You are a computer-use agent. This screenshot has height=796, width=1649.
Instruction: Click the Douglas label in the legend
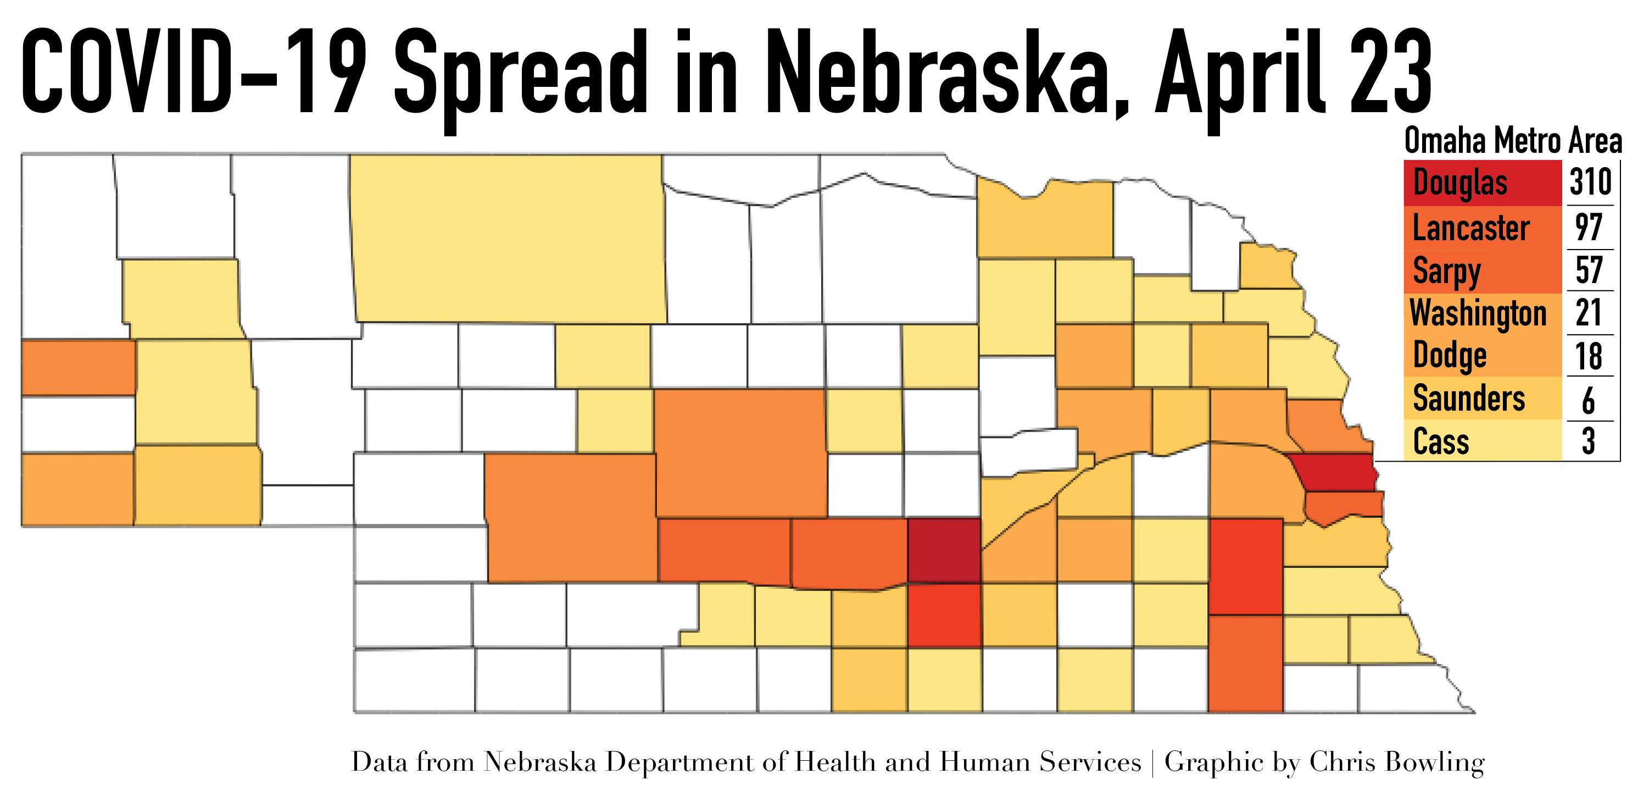coord(1459,183)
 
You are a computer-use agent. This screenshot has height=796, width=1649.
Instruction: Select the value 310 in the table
coord(1590,183)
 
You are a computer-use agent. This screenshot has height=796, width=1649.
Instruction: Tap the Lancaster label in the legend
coord(1470,229)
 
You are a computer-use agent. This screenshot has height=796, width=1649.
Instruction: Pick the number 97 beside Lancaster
coord(1589,228)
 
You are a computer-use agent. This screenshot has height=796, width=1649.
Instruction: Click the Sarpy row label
coord(1446,271)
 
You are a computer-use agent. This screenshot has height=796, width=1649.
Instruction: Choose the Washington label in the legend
coord(1478,313)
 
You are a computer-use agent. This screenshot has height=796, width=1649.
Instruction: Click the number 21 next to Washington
coord(1589,313)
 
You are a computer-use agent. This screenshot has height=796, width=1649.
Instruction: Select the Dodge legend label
coord(1449,356)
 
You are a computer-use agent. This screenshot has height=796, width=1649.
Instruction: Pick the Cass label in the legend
coord(1440,442)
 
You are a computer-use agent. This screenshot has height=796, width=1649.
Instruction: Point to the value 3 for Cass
coord(1588,442)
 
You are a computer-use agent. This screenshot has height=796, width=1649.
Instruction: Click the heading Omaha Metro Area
coord(1513,141)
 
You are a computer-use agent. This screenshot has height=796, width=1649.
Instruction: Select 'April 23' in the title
coord(1293,74)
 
